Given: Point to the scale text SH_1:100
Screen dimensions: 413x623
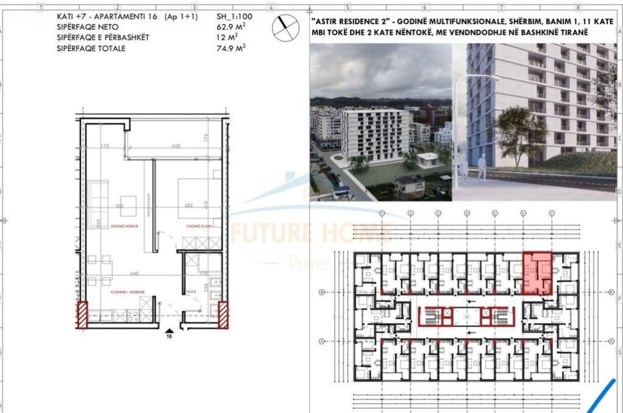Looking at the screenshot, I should pyautogui.click(x=234, y=16).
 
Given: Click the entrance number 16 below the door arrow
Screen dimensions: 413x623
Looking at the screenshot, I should pyautogui.click(x=170, y=335).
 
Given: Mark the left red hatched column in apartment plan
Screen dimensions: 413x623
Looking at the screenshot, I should pyautogui.click(x=82, y=315).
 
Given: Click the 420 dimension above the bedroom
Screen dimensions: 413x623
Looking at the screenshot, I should pyautogui.click(x=177, y=146).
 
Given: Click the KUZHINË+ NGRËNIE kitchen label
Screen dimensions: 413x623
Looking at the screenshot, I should pyautogui.click(x=127, y=292).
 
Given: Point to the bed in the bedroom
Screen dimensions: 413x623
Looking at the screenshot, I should pyautogui.click(x=193, y=198).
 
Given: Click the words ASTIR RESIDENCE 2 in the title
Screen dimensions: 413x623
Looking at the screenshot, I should pyautogui.click(x=347, y=21).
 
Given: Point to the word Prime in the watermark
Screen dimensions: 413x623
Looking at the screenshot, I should pyautogui.click(x=308, y=263).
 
